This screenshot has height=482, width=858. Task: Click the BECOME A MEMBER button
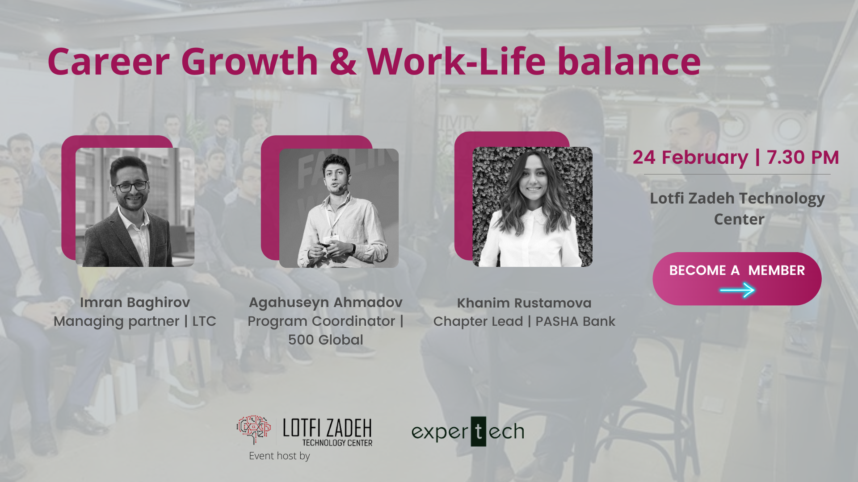point(737,279)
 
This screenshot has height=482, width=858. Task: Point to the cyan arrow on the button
point(737,291)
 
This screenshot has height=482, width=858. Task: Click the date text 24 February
point(690,158)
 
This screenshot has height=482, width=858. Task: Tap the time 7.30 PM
point(803,158)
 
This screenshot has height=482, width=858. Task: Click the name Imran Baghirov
point(135,303)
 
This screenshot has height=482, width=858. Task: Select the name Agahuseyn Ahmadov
point(326,303)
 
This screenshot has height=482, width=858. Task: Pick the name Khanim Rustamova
point(524,303)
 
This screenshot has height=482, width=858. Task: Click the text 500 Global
point(326,340)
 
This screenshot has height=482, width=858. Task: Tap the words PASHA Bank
point(576,321)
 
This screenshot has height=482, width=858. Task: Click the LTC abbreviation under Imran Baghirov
point(204,321)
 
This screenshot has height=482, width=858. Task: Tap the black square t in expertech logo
point(479,432)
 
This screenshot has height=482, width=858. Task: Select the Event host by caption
point(279,456)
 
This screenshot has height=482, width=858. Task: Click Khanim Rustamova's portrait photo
point(533,207)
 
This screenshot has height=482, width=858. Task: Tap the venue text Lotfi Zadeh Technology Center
point(738,209)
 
